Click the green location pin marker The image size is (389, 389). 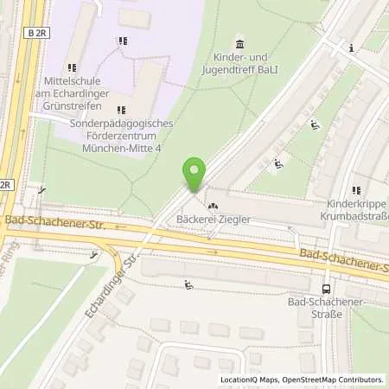coord(195,174)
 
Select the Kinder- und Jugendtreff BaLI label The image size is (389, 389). coord(239,62)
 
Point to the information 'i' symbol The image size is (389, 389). coord(351,48)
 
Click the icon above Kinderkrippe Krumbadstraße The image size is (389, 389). coord(355,190)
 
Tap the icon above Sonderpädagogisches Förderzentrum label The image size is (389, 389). coord(119,109)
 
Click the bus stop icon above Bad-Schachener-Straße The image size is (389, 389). coord(325,290)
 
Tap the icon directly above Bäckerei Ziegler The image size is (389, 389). coord(213,206)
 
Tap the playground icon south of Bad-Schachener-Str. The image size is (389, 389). coord(188,284)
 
